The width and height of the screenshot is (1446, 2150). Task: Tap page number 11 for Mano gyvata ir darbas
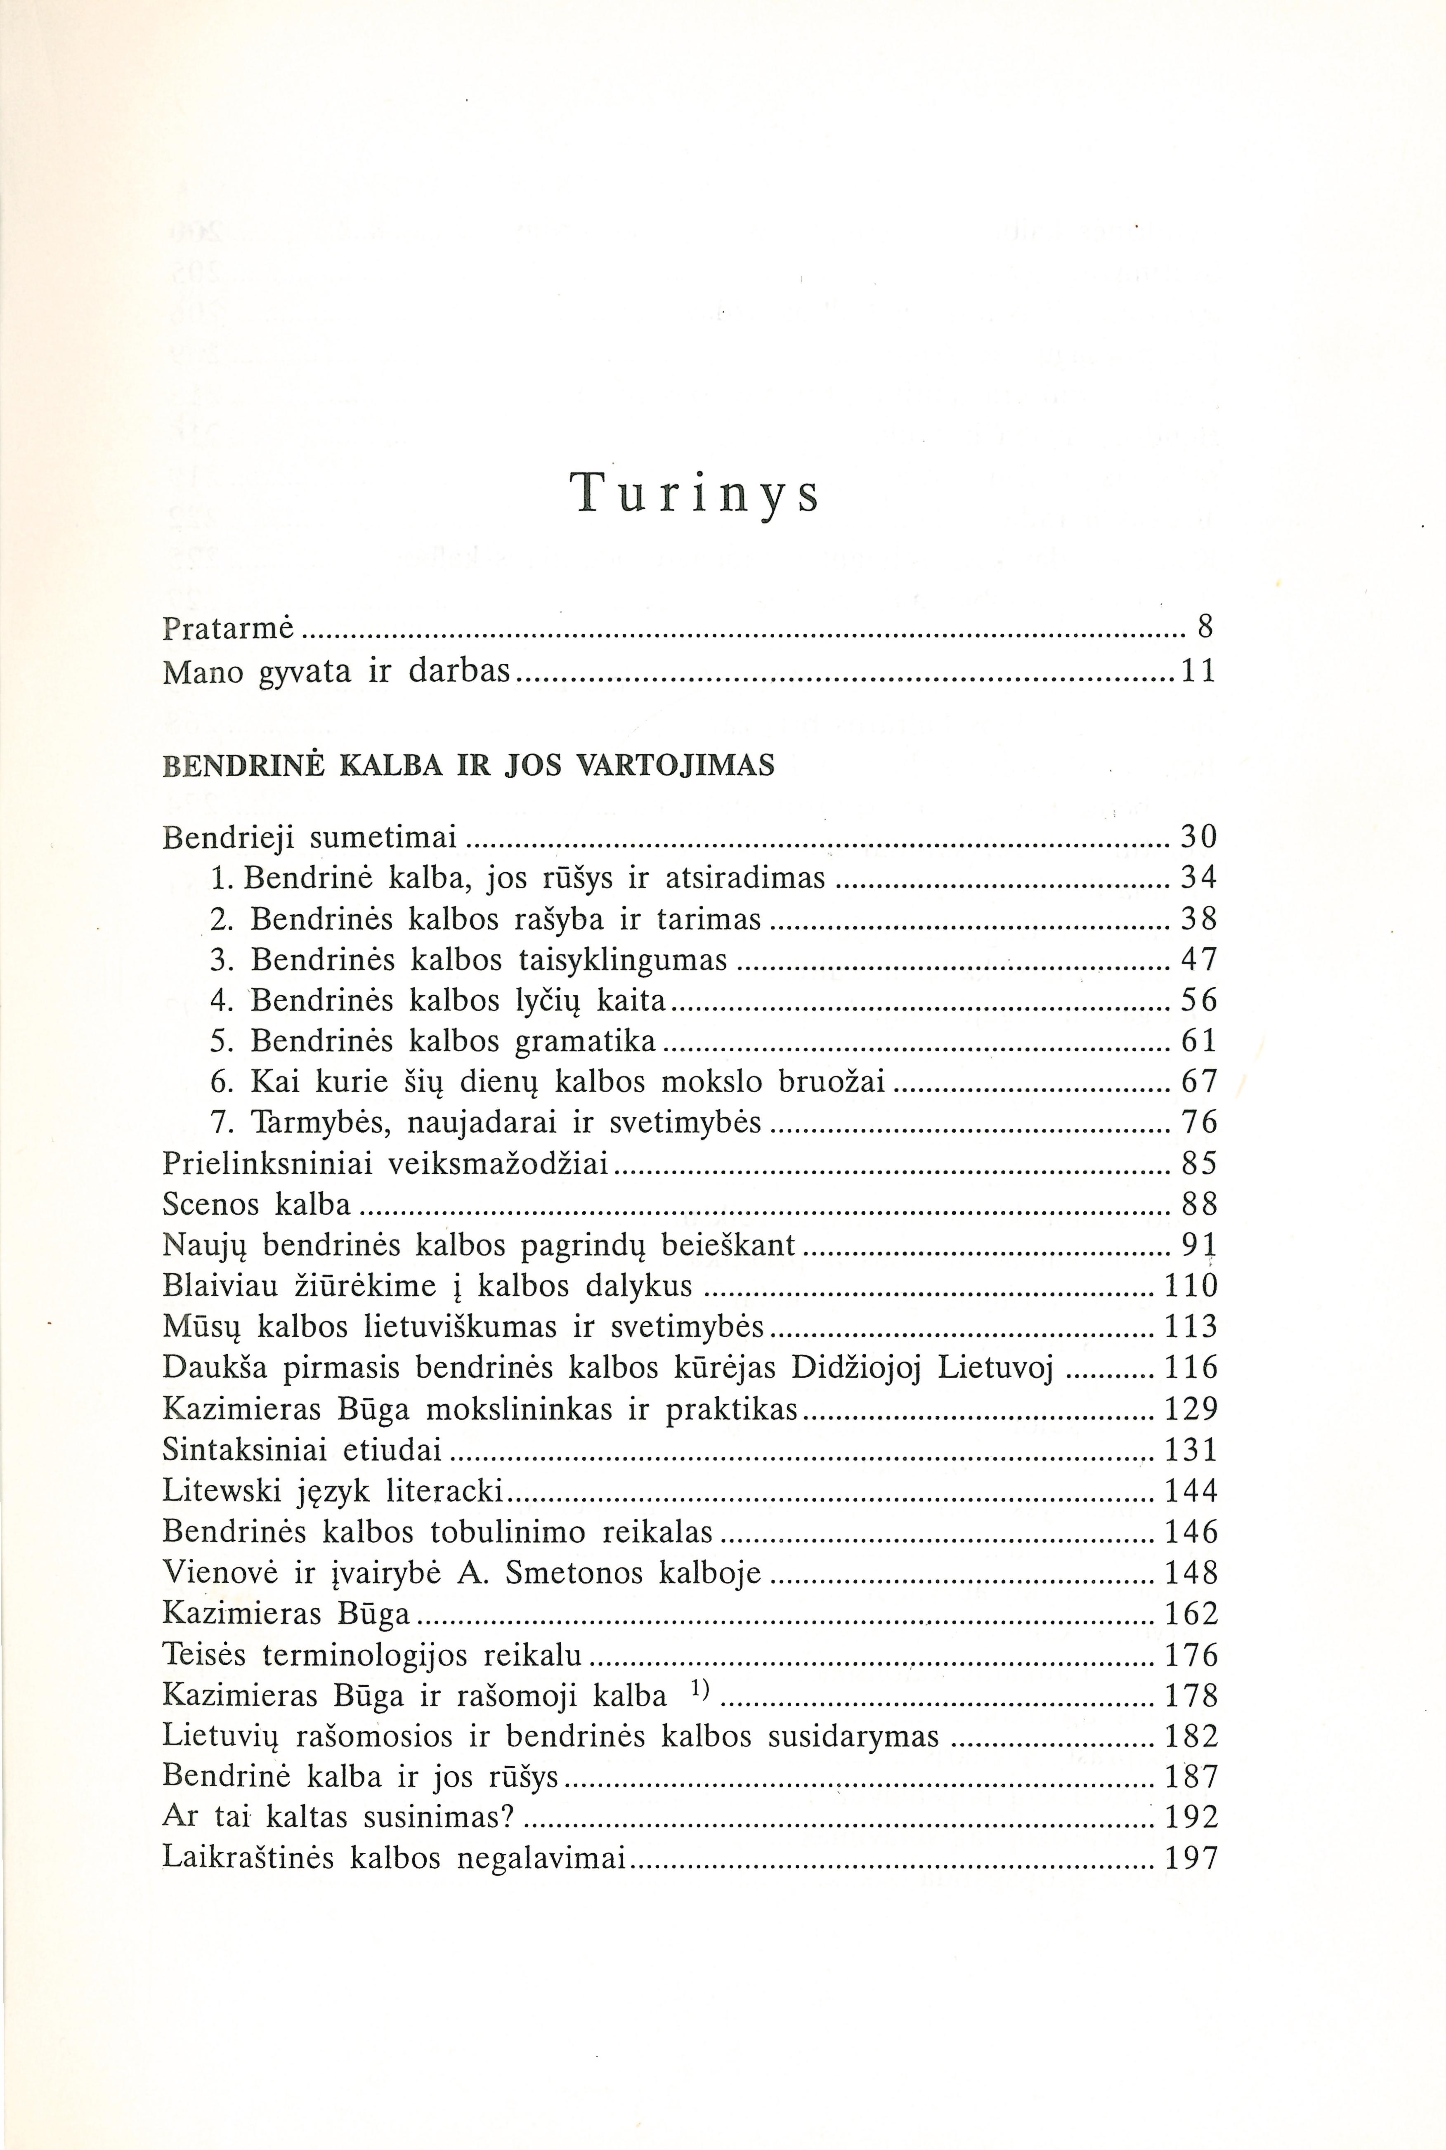tap(1199, 671)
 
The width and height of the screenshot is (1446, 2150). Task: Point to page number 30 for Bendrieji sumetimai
tap(1200, 837)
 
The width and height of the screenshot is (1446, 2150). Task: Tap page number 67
tap(1200, 1081)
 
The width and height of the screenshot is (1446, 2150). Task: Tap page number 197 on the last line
tap(1191, 1858)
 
